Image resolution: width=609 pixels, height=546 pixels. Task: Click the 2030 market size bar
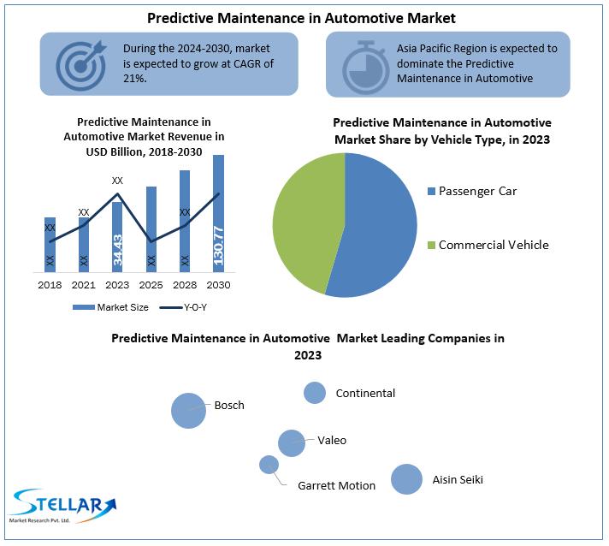(218, 213)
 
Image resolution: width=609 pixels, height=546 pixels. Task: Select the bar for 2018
(50, 245)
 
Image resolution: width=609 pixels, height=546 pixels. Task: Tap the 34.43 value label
(117, 250)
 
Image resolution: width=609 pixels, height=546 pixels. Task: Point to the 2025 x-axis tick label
(151, 285)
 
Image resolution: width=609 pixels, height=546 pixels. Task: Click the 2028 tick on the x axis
(185, 285)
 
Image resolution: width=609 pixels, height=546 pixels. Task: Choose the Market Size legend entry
(110, 307)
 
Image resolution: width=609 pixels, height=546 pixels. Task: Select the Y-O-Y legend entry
(183, 307)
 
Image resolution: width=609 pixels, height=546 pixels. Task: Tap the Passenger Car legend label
(477, 191)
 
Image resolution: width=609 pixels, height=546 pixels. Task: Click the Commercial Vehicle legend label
(494, 245)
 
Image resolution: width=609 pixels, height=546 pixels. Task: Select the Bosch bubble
(188, 411)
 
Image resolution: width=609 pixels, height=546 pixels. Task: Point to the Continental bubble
(315, 393)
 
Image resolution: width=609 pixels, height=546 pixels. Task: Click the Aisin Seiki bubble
(406, 479)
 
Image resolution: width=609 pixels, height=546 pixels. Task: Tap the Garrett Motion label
(336, 486)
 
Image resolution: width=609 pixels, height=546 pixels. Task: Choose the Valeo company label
(332, 440)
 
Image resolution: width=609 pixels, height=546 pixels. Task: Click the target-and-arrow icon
(81, 65)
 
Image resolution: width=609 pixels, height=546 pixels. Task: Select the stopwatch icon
(365, 67)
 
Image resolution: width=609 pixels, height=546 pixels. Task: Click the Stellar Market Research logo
(62, 506)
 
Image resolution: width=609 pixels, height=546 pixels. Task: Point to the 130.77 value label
(218, 246)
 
